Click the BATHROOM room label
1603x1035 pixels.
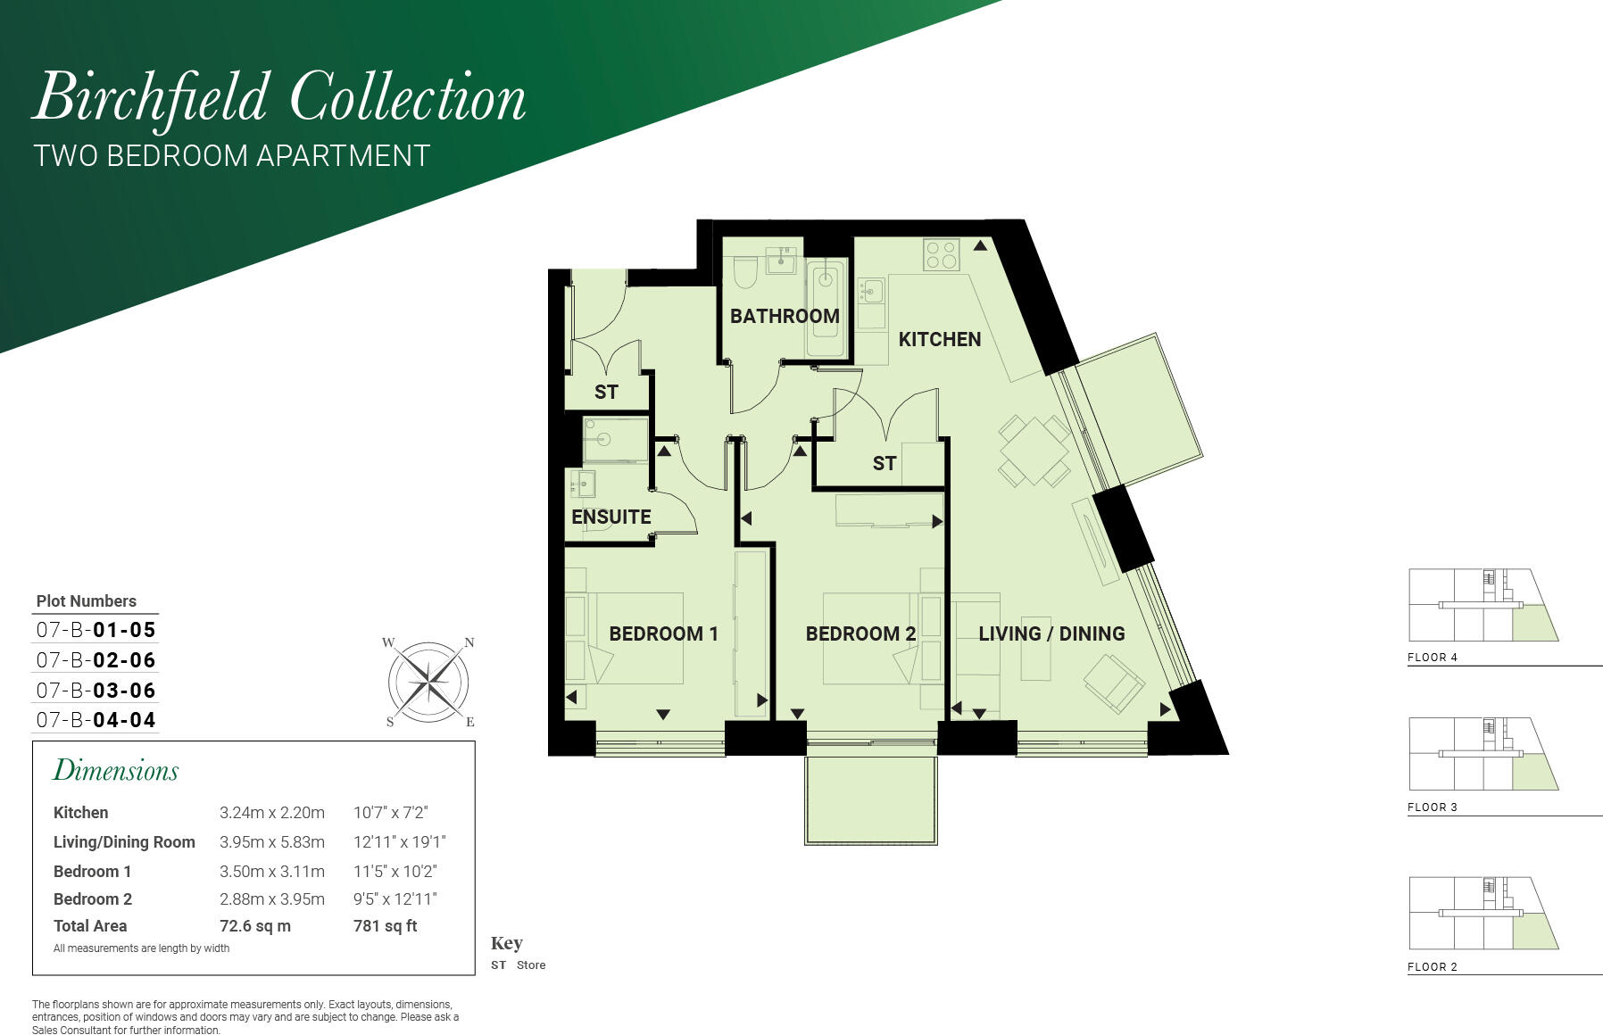coord(785,316)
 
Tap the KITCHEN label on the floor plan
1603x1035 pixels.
coord(939,339)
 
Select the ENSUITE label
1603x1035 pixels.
coord(611,517)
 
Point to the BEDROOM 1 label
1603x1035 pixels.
coord(663,633)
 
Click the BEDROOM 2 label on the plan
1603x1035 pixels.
coord(860,633)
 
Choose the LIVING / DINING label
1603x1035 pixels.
coord(1051,633)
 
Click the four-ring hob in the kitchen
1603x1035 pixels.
coord(941,254)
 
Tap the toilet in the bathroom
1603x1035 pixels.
coord(745,271)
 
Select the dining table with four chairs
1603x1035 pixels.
coord(1034,451)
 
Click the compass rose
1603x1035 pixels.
coord(429,683)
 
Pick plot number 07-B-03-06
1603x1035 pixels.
coord(96,690)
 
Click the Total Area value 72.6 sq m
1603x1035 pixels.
coord(255,926)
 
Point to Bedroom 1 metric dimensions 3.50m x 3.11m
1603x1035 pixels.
coord(272,871)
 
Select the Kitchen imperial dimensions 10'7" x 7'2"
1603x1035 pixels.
coord(390,813)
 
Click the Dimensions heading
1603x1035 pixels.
coord(116,771)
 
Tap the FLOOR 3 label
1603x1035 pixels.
coord(1432,807)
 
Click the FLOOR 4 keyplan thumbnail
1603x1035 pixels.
coord(1483,605)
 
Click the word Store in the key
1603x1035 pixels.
coord(531,965)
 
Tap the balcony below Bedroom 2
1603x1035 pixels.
coord(870,800)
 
